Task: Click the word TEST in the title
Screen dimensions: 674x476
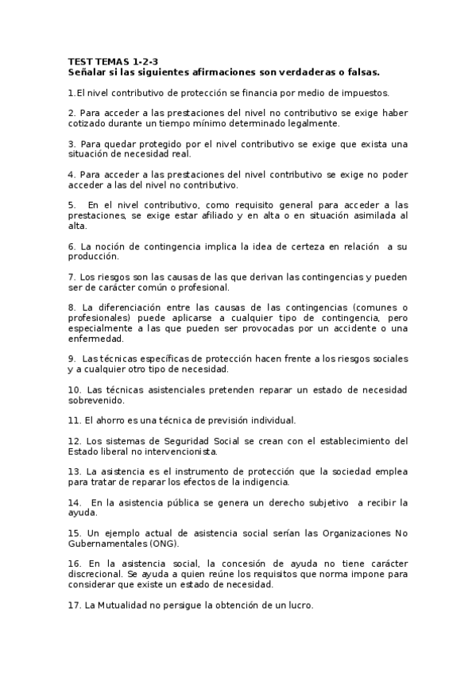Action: (x=80, y=61)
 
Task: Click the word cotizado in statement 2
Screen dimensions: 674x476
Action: (x=87, y=123)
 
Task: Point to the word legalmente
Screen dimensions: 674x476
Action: (x=314, y=123)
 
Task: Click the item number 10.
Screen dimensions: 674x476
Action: (x=75, y=389)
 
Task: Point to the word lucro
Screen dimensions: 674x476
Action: (x=300, y=605)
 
